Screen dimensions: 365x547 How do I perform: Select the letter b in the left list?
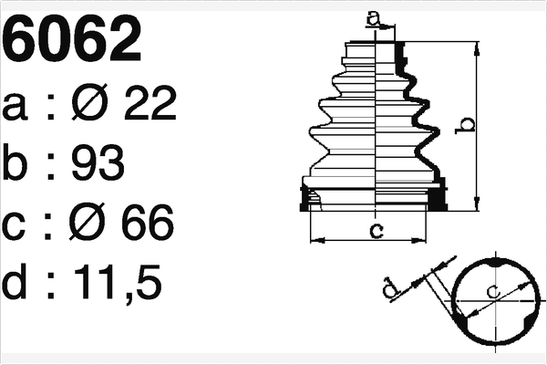click(x=19, y=165)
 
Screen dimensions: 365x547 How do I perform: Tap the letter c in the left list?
click(x=18, y=225)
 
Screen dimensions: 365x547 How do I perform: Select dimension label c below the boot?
click(x=376, y=230)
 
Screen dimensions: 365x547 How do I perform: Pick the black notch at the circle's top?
click(x=494, y=262)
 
